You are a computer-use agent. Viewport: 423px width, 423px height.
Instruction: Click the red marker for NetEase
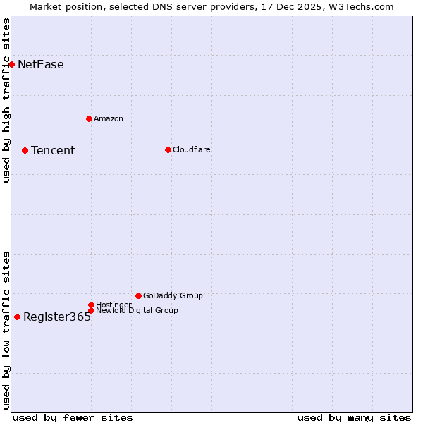12,65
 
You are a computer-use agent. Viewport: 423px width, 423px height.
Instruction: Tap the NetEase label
41,65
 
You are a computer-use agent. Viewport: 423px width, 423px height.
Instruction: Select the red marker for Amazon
89,118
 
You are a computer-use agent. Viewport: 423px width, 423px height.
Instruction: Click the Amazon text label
109,118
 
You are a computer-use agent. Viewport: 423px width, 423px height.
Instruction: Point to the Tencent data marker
25,150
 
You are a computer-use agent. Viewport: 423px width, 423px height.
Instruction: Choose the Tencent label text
53,150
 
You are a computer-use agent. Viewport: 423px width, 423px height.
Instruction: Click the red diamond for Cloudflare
168,149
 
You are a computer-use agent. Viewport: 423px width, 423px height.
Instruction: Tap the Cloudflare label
192,149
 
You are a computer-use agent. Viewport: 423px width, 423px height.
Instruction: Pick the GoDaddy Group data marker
138,295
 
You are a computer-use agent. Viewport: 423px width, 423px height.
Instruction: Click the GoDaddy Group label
173,295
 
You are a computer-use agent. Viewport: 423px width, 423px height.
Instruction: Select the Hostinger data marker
91,305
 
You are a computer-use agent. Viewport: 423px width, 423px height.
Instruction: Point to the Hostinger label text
114,305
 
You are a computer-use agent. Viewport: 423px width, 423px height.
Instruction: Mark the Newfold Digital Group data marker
91,310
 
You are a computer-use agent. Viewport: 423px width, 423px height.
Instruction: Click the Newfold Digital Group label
137,310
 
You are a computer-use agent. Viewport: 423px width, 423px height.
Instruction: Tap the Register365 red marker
17,317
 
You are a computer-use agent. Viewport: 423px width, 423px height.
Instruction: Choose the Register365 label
57,317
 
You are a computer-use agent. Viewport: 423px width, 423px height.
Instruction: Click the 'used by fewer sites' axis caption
73,417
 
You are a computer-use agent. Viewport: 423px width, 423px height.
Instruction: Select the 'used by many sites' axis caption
354,417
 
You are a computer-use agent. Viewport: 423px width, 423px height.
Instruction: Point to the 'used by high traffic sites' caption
6,101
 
